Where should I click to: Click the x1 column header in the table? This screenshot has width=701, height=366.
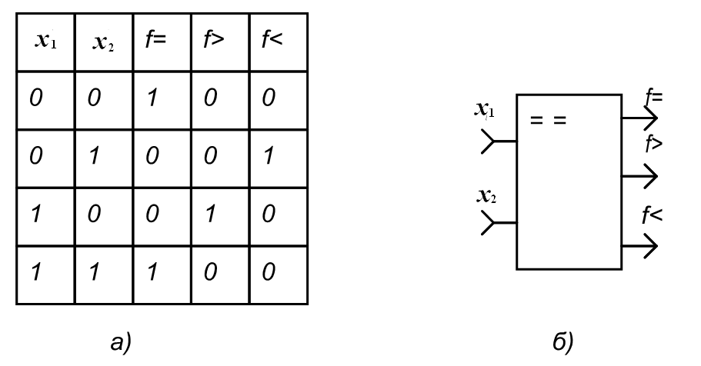(45, 41)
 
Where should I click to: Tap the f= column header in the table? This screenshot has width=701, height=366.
(155, 40)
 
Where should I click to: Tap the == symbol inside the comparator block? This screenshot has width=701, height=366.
(549, 121)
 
